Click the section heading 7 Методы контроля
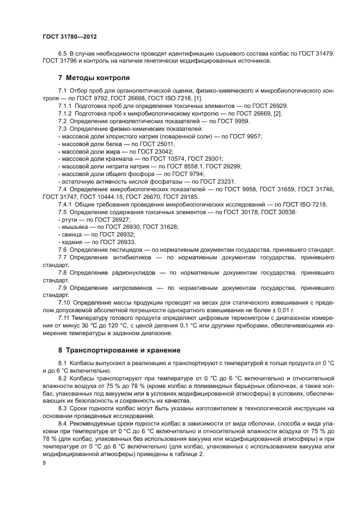[x=94, y=77]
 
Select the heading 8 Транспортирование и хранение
[x=120, y=350]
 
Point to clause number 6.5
[x=63, y=54]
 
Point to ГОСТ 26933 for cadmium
[x=118, y=241]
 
